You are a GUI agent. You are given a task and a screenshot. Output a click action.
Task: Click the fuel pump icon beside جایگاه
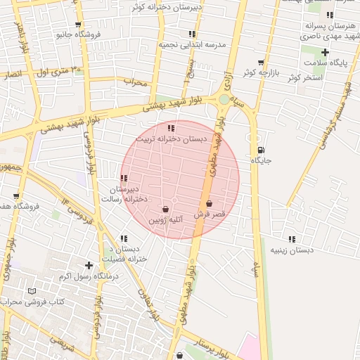coord(262,149)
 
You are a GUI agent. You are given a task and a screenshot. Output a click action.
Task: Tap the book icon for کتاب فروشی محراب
coord(32,291)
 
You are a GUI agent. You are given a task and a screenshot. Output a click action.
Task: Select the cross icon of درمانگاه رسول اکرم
coord(89,265)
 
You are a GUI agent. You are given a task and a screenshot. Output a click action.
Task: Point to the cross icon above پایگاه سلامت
coord(325,52)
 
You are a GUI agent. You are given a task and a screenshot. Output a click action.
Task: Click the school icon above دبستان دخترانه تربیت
coord(172,128)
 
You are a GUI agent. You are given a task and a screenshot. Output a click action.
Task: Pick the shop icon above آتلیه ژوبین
coord(165,209)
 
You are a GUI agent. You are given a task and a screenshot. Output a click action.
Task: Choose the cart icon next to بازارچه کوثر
coord(261,63)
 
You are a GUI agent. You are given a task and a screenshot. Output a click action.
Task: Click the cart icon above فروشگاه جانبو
coord(72,22)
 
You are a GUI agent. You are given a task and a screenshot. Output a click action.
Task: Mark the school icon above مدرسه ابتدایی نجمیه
coord(192,34)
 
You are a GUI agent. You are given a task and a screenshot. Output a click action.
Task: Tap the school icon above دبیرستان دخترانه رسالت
coord(124,178)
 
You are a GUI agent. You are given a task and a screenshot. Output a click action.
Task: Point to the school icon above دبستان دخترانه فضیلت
coord(124,238)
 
